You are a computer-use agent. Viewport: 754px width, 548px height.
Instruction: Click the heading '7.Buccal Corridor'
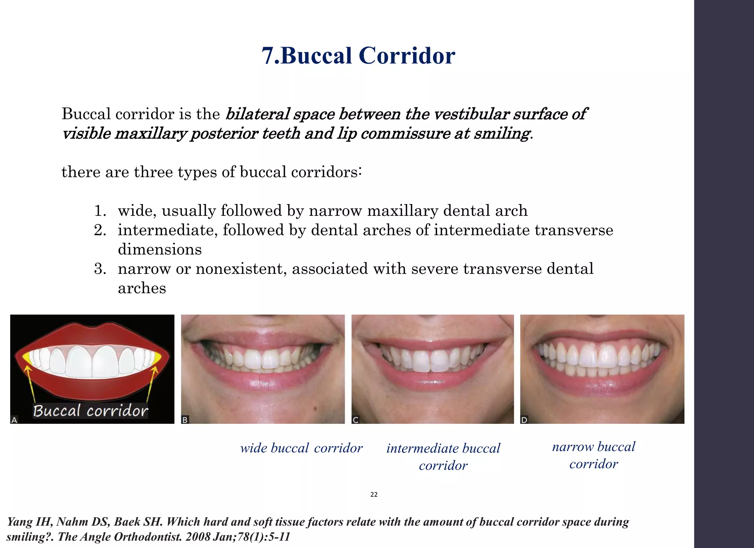coord(358,56)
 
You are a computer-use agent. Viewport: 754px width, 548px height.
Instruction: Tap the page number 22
coord(374,495)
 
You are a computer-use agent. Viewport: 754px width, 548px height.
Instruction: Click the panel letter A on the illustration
coord(14,420)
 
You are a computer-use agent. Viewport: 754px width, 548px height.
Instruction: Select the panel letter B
coord(185,420)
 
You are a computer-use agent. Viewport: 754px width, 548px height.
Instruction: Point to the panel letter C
coord(356,420)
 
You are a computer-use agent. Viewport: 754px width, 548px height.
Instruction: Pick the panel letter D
coord(524,420)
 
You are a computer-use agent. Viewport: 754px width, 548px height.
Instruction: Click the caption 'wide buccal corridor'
coord(301,448)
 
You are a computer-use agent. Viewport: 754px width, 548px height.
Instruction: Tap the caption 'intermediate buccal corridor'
coord(443,457)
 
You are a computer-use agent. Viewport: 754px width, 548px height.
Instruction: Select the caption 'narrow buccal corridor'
coord(593,455)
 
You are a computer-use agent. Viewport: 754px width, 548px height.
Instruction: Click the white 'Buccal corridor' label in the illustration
coord(91,411)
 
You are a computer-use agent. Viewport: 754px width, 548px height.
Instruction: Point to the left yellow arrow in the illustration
coord(30,383)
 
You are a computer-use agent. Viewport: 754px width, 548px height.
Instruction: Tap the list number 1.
coord(100,211)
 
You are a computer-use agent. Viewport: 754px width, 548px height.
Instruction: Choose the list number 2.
coord(100,231)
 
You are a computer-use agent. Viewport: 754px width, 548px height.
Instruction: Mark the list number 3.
coord(100,269)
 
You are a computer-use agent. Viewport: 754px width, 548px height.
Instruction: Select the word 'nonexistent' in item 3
coord(241,269)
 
